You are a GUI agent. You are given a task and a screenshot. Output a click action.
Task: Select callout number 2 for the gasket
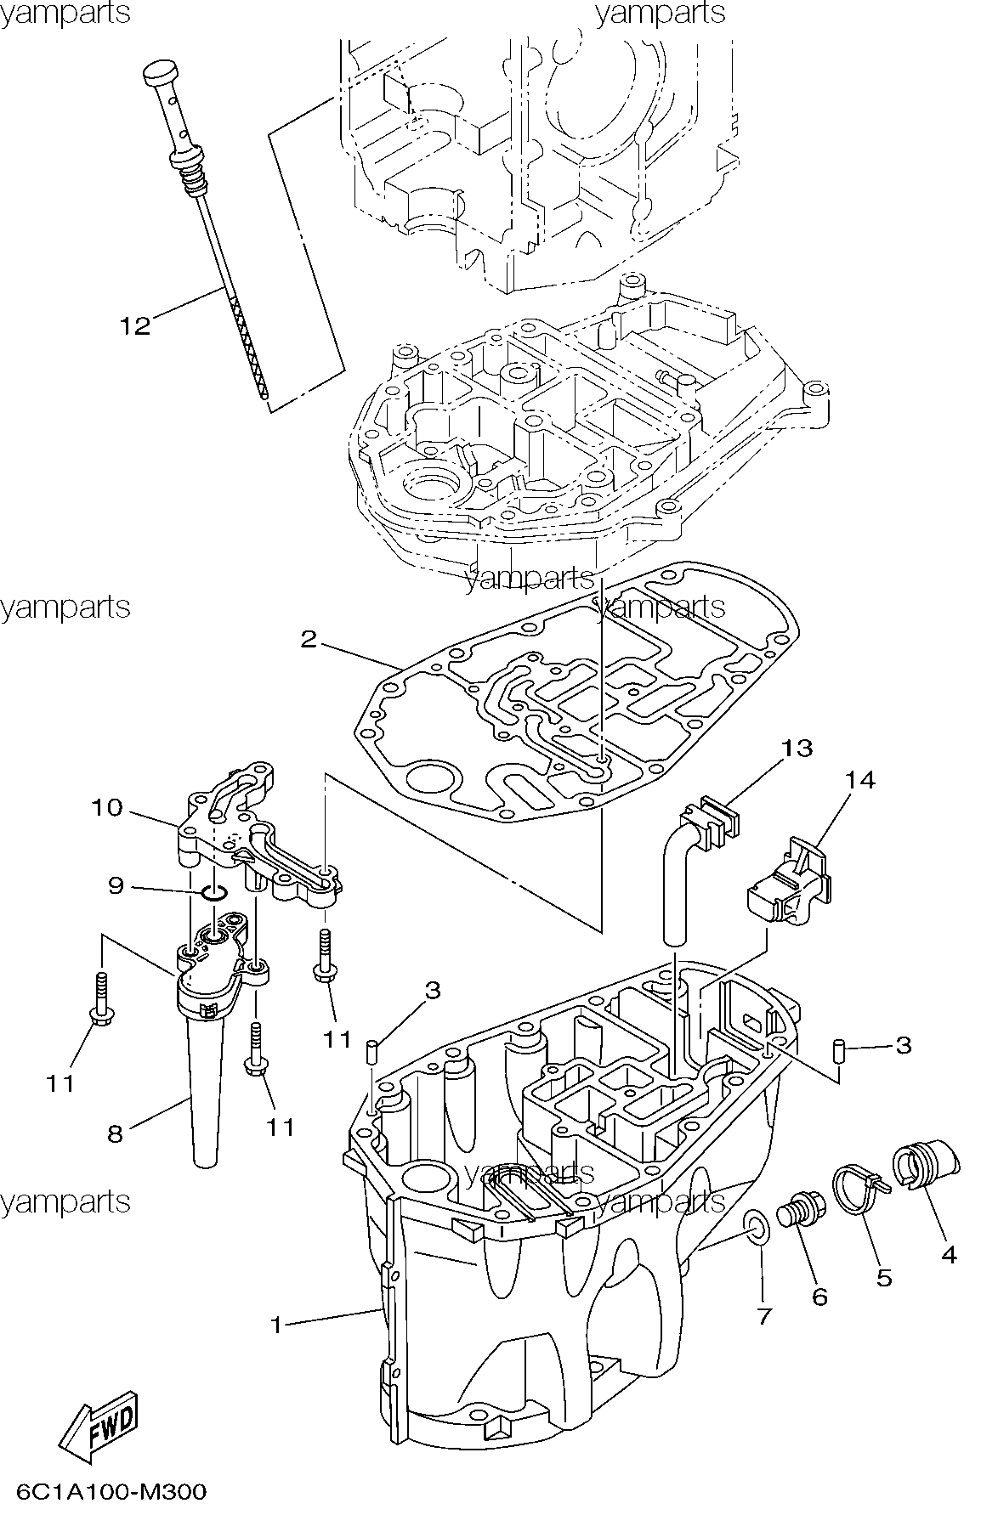[x=309, y=639]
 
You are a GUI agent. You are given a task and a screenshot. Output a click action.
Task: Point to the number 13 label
[x=797, y=748]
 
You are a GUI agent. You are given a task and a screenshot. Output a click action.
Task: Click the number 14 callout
[x=860, y=779]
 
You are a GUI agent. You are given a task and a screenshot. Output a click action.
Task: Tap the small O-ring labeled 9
[x=215, y=892]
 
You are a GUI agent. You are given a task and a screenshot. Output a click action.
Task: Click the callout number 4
[x=949, y=1254]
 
